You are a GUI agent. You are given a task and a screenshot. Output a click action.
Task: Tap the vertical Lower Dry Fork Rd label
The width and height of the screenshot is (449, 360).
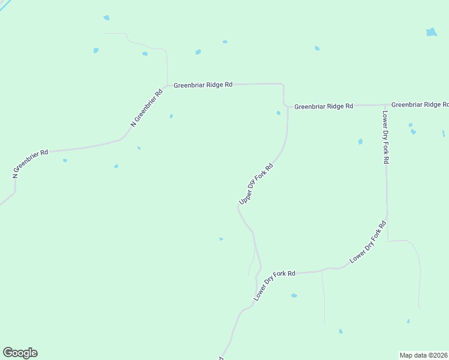coord(385,137)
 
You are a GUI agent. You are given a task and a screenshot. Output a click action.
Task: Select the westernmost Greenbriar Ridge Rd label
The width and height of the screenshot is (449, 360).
coord(203,85)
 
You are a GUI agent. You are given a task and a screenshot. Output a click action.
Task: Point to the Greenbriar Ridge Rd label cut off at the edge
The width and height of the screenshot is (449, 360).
coord(420,104)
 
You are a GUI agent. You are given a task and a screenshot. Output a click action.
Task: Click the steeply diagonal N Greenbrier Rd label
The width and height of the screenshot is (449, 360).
coord(147,108)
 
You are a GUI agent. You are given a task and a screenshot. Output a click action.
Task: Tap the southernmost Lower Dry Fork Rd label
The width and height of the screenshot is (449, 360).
coord(274,284)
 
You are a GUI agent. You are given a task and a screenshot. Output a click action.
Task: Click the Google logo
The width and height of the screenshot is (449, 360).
coord(20,353)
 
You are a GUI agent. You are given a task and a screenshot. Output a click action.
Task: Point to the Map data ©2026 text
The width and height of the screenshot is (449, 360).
coord(424,355)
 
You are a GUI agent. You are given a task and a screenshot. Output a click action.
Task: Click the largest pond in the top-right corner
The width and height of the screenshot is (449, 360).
coord(432,32)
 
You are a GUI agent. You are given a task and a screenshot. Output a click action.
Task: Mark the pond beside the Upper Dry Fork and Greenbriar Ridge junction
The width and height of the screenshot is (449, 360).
coord(278,113)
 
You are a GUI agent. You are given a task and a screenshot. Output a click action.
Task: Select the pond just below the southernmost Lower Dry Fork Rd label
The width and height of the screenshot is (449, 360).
coord(294,295)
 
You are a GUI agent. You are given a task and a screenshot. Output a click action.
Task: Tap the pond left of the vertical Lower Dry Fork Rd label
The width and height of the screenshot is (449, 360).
coord(360,142)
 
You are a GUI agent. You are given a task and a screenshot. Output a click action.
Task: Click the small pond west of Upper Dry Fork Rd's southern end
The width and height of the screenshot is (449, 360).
coord(221,239)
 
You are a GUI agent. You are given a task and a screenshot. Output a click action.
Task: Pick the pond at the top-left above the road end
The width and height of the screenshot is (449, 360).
coord(106,18)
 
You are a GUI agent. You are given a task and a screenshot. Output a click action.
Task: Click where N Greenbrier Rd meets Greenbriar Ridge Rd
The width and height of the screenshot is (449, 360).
coord(167,85)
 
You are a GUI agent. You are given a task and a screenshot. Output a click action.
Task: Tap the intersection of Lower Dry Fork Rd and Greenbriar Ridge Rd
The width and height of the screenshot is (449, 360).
coord(385,105)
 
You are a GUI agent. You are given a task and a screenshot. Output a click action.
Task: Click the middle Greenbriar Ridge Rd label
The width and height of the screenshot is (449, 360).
coord(324,106)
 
